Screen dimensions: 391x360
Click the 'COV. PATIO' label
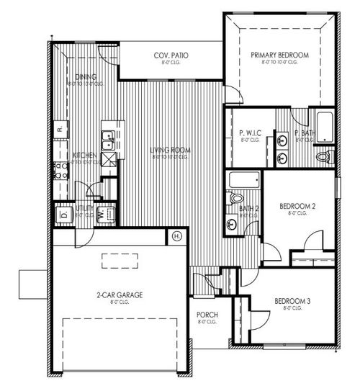[171, 55]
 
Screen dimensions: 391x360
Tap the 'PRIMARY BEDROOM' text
[279, 55]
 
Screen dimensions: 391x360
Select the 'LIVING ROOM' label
[171, 150]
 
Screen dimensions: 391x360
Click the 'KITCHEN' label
[80, 155]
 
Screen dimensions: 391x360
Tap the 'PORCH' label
[207, 315]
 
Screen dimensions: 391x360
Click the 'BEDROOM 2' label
[297, 205]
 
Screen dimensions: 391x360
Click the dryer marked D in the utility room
[63, 214]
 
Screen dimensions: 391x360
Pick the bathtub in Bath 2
[243, 179]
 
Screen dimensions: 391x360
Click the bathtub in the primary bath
[324, 127]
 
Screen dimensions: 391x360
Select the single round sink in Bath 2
[232, 225]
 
